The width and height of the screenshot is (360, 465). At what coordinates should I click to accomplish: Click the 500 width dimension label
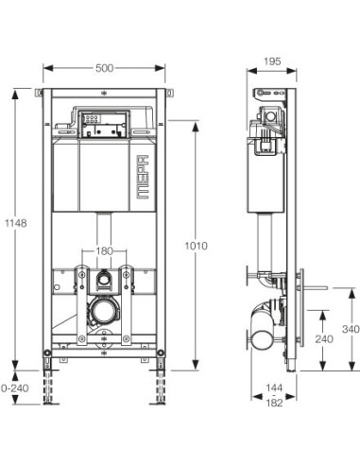pyautogui.click(x=104, y=68)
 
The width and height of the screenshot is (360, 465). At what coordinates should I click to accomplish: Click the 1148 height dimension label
pyautogui.click(x=16, y=223)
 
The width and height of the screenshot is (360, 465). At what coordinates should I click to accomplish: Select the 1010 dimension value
pyautogui.click(x=196, y=246)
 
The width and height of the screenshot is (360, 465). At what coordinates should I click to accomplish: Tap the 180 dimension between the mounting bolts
pyautogui.click(x=104, y=251)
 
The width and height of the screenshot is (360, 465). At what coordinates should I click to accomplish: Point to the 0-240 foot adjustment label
pyautogui.click(x=15, y=388)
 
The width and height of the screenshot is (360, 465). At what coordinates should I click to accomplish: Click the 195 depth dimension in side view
pyautogui.click(x=272, y=61)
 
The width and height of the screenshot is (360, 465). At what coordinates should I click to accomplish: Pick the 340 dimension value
pyautogui.click(x=351, y=329)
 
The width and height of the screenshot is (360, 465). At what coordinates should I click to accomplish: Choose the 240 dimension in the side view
pyautogui.click(x=324, y=339)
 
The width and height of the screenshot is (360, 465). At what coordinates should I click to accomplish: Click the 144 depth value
pyautogui.click(x=274, y=387)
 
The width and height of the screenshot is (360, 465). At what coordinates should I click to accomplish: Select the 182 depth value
pyautogui.click(x=274, y=403)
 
